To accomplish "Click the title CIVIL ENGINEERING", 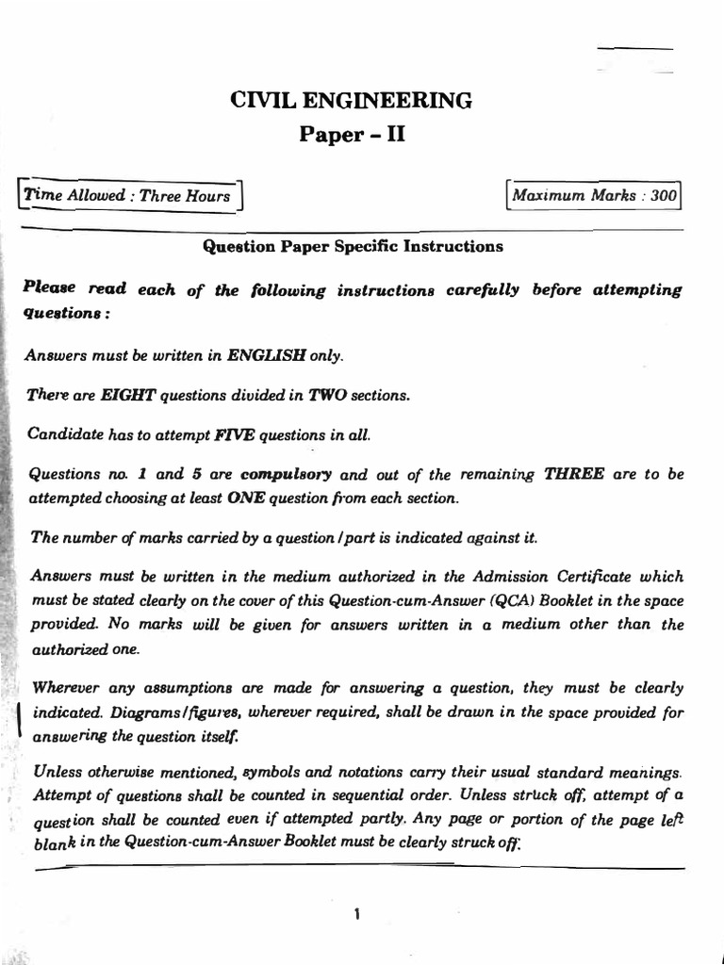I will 352,100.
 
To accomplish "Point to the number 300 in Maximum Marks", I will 663,196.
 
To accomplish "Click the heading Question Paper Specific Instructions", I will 354,247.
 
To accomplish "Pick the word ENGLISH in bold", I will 277,357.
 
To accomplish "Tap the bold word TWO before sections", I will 323,396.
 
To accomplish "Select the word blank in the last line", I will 53,844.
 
